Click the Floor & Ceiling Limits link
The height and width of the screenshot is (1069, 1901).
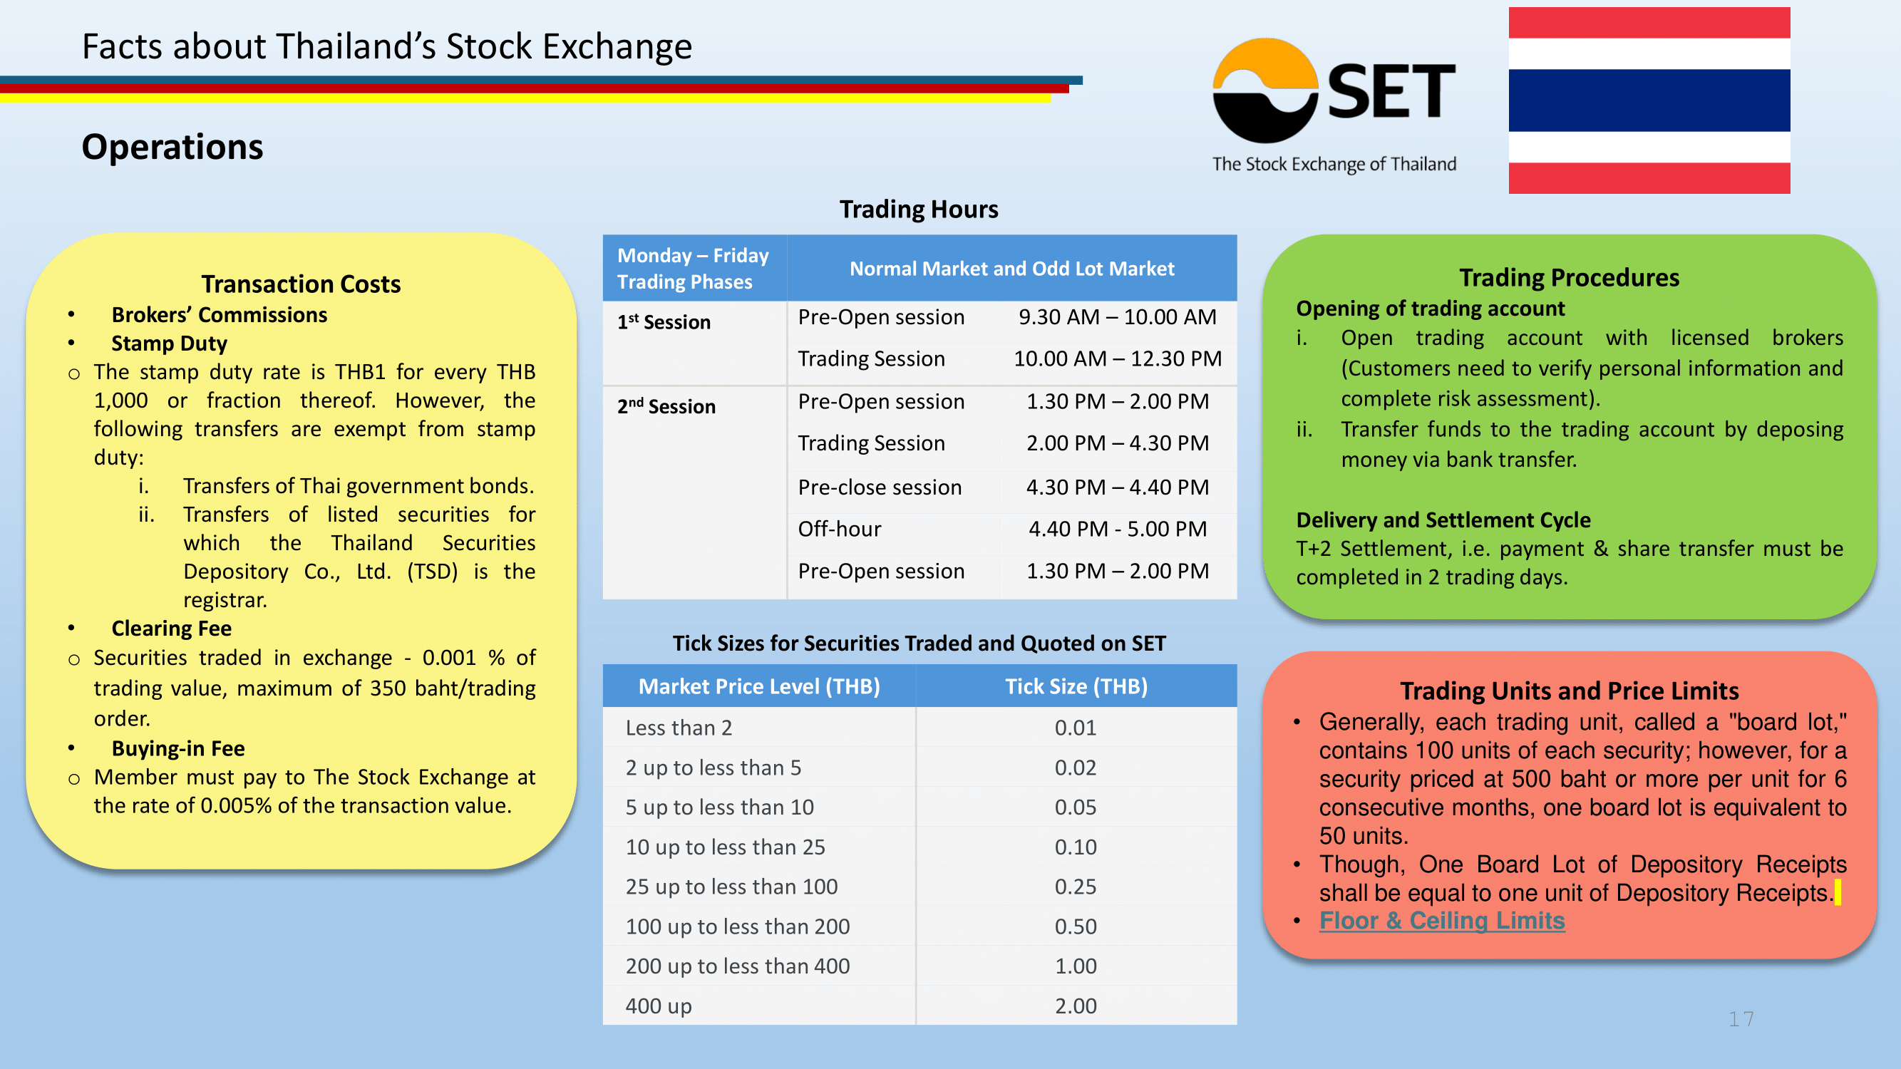[1441, 921]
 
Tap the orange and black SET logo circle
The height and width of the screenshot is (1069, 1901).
[1265, 90]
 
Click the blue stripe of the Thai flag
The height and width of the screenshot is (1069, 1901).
[1649, 100]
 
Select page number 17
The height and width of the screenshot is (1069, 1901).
[1741, 1019]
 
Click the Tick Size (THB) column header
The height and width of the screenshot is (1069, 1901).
[1076, 686]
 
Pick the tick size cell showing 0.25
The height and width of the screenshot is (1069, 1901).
[1075, 886]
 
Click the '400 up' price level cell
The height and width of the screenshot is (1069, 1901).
[659, 1006]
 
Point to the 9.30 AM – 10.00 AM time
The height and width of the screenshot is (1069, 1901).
[1117, 316]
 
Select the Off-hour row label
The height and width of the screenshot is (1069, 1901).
[839, 529]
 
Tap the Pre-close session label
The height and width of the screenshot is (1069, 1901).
[880, 487]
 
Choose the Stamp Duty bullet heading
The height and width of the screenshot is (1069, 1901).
[169, 343]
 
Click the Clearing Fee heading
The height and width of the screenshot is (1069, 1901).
[171, 628]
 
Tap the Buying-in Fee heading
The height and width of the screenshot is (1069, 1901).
[178, 748]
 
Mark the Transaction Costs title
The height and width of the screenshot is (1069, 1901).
[301, 284]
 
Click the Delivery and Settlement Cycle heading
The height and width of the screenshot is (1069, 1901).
[1443, 520]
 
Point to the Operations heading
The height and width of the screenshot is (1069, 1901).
[172, 146]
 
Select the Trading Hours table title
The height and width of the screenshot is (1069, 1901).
[919, 209]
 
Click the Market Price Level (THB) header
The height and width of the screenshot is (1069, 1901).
[758, 686]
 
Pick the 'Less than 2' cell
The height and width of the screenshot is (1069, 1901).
[678, 728]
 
